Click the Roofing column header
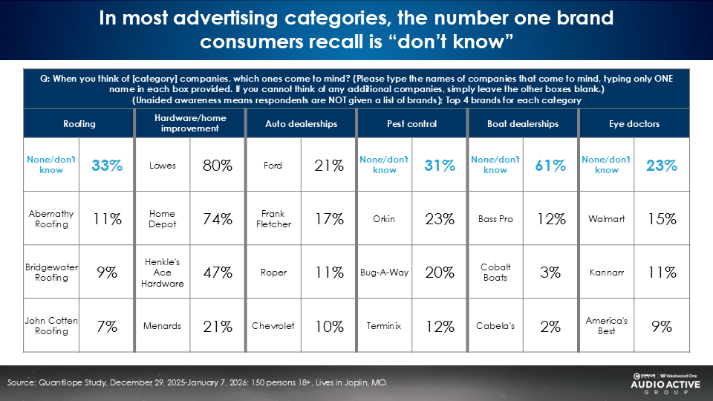point(79,124)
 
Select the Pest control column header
point(412,124)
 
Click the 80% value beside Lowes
point(218,166)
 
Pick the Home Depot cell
point(162,219)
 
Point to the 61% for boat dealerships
point(550,166)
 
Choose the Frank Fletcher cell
point(273,219)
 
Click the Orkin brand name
point(384,219)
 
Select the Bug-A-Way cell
point(384,273)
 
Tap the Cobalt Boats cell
point(495,273)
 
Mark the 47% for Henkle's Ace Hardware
point(218,273)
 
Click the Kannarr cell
point(607,273)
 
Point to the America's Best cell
point(607,326)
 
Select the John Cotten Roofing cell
point(51,326)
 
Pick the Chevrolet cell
point(273,326)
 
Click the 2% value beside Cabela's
point(550,326)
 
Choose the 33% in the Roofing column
point(106,166)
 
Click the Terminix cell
point(384,326)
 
